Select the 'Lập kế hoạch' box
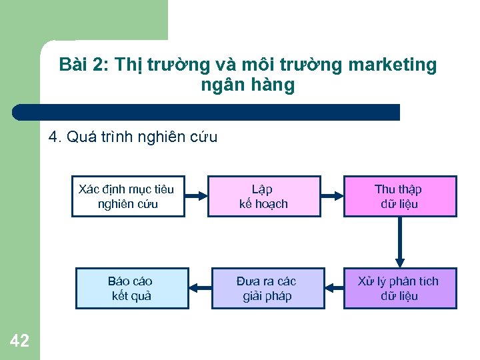click(x=264, y=197)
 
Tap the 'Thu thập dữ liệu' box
click(x=400, y=197)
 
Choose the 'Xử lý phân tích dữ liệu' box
click(x=400, y=288)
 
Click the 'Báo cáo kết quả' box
click(x=132, y=288)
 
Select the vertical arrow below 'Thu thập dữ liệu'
click(x=400, y=242)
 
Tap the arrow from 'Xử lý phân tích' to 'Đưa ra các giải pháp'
click(x=334, y=288)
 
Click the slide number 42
click(x=20, y=341)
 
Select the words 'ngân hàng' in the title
click(x=247, y=85)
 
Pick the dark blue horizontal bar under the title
click(x=207, y=112)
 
